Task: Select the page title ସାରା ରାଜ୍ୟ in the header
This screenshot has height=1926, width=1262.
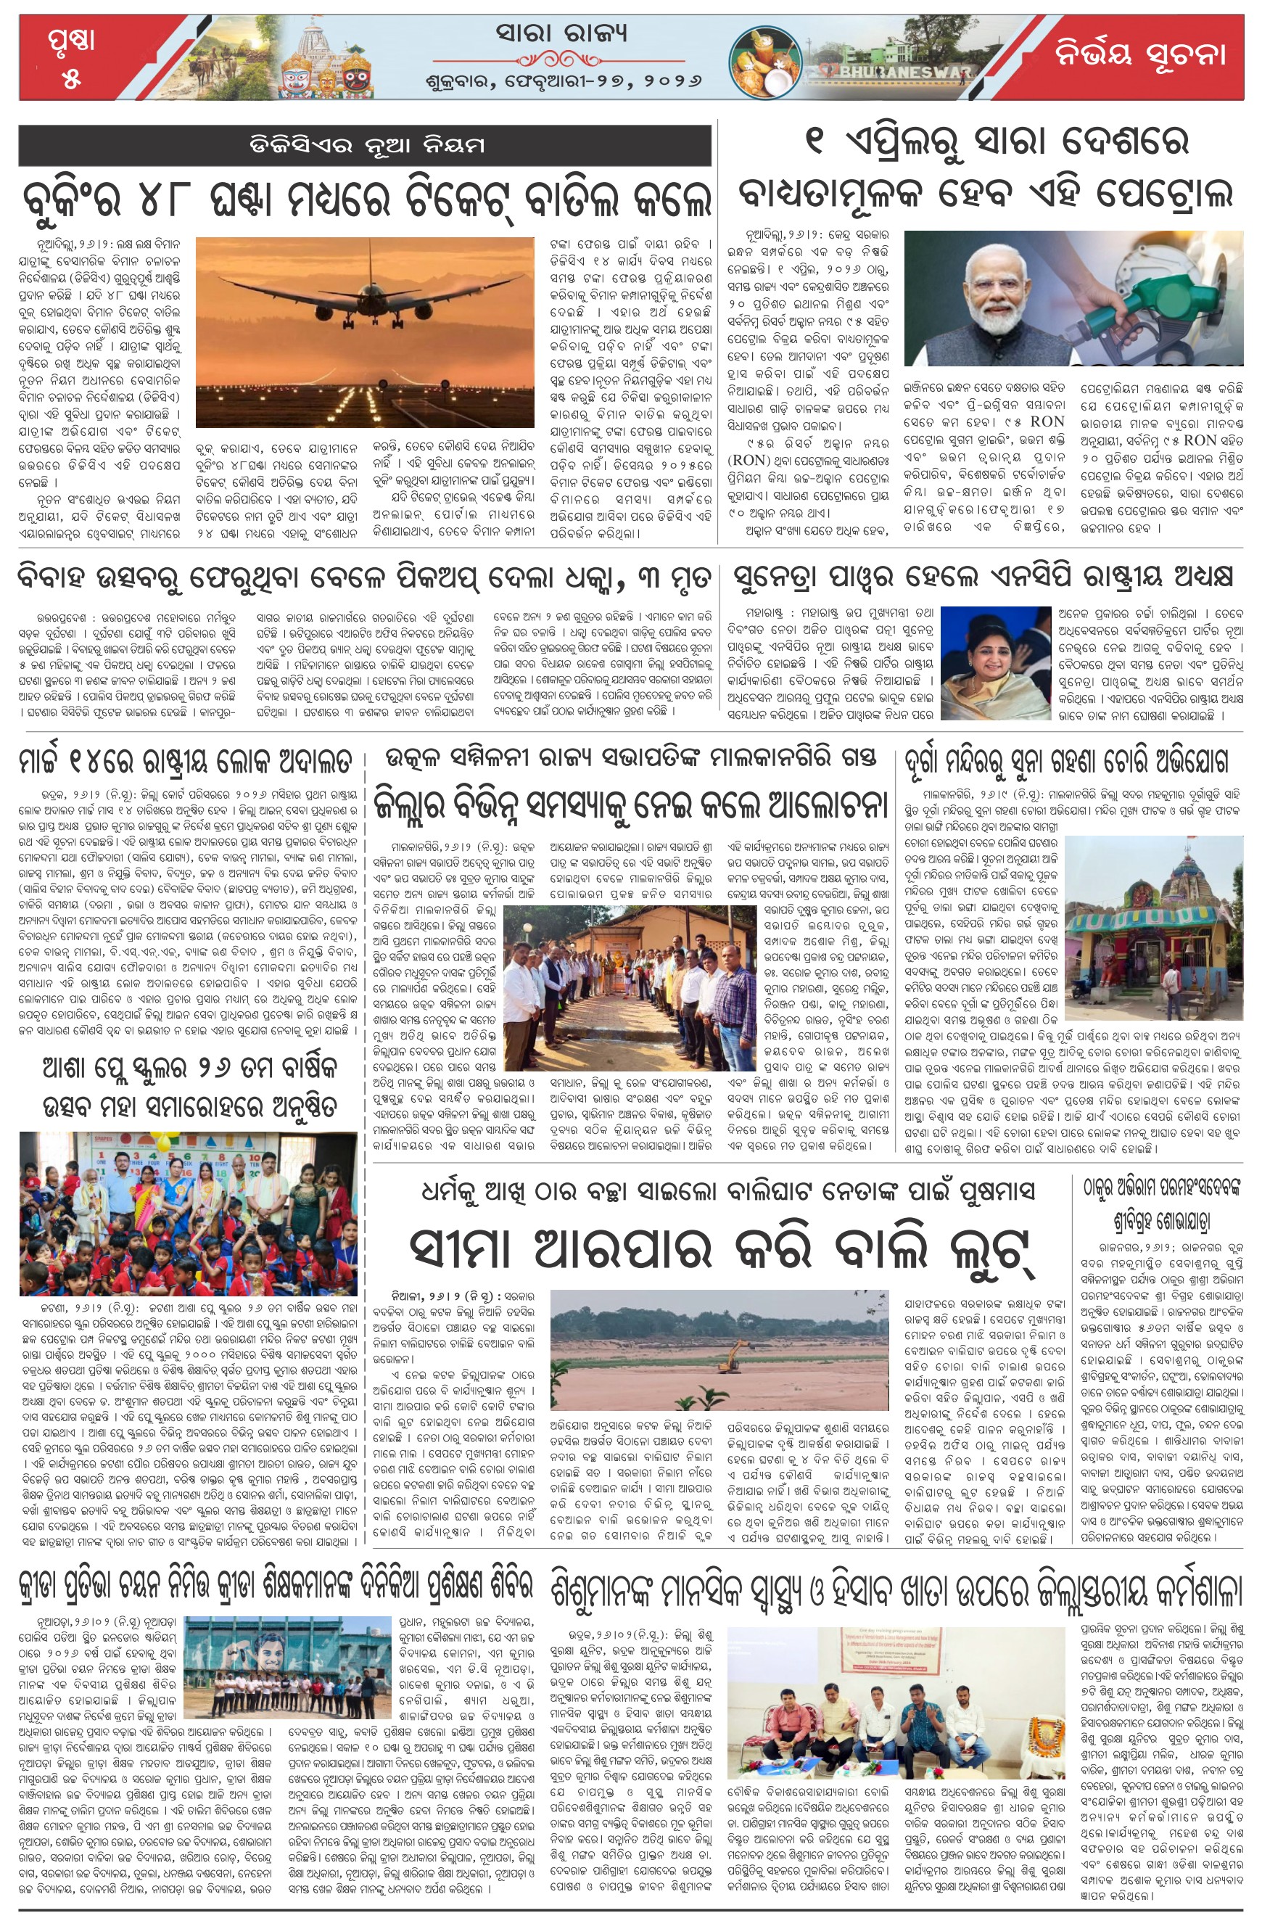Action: [x=561, y=34]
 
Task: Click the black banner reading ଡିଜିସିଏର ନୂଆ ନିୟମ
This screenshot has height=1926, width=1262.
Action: [x=365, y=147]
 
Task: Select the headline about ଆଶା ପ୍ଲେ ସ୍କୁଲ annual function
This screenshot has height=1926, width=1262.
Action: [x=189, y=1087]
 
